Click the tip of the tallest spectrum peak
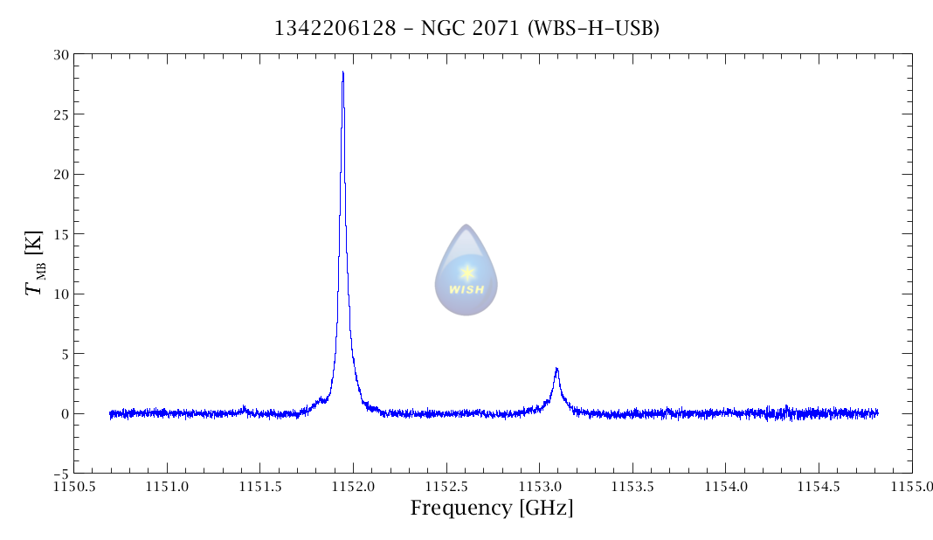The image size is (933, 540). click(342, 73)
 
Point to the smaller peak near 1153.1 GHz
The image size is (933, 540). click(556, 369)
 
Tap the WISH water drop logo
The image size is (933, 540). click(466, 270)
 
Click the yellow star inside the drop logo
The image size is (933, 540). click(466, 272)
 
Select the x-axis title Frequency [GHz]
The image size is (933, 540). click(492, 508)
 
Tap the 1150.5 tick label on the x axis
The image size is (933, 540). click(73, 485)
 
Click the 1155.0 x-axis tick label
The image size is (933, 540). click(912, 485)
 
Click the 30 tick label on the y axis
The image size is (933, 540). click(61, 54)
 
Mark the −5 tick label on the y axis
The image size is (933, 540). click(61, 474)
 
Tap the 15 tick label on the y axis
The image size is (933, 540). click(61, 234)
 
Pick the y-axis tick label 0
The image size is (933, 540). click(65, 413)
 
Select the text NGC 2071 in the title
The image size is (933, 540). click(463, 29)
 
